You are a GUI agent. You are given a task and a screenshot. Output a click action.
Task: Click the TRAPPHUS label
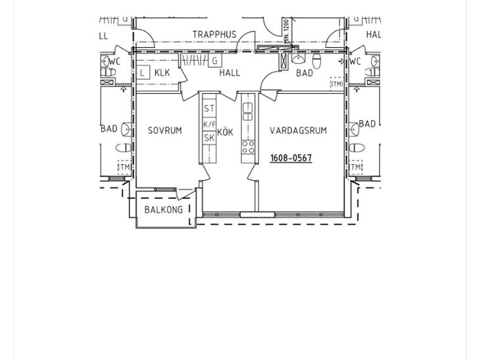pos(214,34)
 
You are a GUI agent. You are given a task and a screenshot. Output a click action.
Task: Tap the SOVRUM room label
pos(164,131)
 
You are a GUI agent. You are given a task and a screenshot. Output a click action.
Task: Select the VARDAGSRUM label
pos(298,131)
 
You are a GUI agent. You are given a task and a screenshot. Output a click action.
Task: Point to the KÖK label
pos(226,132)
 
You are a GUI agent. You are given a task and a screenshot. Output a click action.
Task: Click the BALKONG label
pos(164,210)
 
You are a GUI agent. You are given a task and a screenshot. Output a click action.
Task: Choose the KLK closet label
pos(162,73)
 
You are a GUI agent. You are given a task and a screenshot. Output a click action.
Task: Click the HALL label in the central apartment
pos(229,73)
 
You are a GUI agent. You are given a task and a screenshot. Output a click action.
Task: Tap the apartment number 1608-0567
pos(291,158)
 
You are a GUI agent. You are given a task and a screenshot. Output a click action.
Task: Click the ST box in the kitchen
pos(209,108)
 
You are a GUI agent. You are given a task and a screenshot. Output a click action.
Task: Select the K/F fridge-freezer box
pos(209,124)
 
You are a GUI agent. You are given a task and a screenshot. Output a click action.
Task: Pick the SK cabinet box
pos(209,138)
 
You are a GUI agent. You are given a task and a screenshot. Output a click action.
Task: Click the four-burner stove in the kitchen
pos(248,146)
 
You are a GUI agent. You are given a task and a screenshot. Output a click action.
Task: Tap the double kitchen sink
pos(248,112)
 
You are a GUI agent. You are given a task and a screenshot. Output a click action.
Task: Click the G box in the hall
pos(215,61)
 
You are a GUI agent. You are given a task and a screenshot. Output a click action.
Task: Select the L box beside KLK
pos(143,73)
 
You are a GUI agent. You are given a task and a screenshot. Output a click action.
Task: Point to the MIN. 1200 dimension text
pos(287,32)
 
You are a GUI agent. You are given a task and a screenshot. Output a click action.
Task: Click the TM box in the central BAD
pos(337,84)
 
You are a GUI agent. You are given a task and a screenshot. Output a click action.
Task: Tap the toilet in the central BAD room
pos(316,61)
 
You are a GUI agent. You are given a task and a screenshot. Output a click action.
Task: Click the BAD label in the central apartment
pos(304,73)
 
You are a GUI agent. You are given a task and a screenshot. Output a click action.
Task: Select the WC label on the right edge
pos(355,62)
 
